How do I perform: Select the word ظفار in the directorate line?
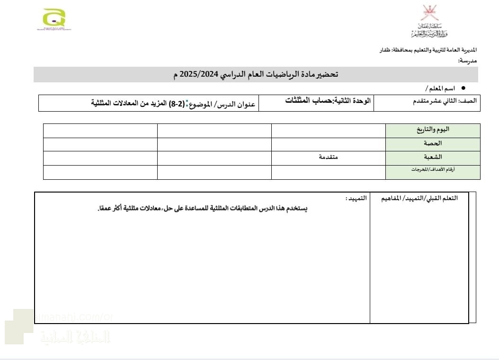tap(387, 50)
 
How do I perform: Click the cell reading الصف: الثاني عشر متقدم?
tap(445, 101)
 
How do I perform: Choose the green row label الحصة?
tap(434, 143)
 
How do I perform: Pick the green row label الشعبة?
tap(434, 157)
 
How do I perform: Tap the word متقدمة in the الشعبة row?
tap(328, 157)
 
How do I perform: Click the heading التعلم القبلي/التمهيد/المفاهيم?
tap(419, 198)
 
